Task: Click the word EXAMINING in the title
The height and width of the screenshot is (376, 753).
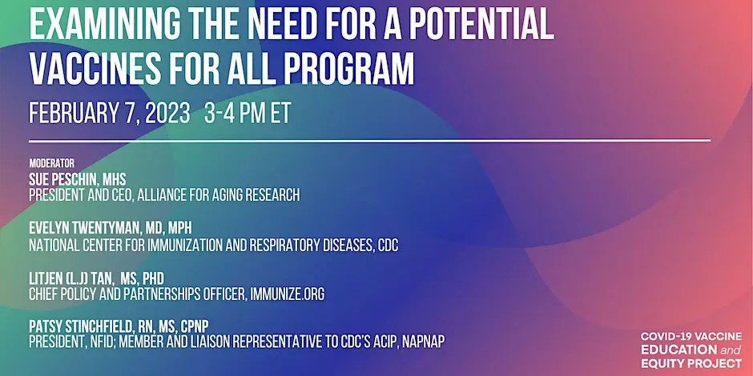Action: coord(105,24)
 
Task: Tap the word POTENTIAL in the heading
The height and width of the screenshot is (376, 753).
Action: coord(481,24)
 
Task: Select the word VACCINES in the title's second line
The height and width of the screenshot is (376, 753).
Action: coord(95,69)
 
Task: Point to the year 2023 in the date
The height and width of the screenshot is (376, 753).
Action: coord(167,114)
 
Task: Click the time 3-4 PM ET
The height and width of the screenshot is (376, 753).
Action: coord(248,114)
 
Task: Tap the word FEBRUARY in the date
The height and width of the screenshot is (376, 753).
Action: coord(74,114)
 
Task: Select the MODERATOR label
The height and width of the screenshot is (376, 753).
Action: coord(52,163)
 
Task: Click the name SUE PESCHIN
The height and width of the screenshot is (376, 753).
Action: coord(62,180)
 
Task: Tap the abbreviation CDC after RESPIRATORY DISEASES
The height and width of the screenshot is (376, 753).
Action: coord(388,245)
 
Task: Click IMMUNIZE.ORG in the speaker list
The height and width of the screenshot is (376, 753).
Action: coord(287,294)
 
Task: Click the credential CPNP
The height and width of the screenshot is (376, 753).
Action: coord(195,326)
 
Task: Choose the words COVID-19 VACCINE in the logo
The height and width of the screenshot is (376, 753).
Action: coord(691,337)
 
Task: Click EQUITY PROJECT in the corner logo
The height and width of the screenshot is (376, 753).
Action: coord(691,362)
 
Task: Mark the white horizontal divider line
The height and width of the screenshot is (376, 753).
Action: coord(369,141)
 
